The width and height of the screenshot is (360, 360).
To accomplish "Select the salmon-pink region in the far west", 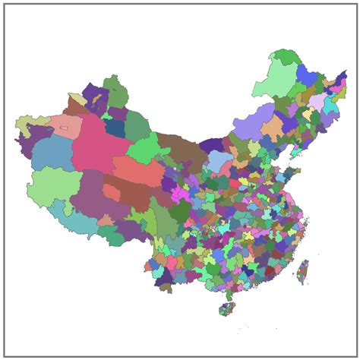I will (x=67, y=125).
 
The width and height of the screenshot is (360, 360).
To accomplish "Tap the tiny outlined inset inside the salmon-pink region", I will (x=65, y=128).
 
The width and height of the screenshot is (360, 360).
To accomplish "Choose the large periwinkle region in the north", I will (x=251, y=122).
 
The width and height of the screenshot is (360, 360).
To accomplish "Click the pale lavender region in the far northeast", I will (x=316, y=102).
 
